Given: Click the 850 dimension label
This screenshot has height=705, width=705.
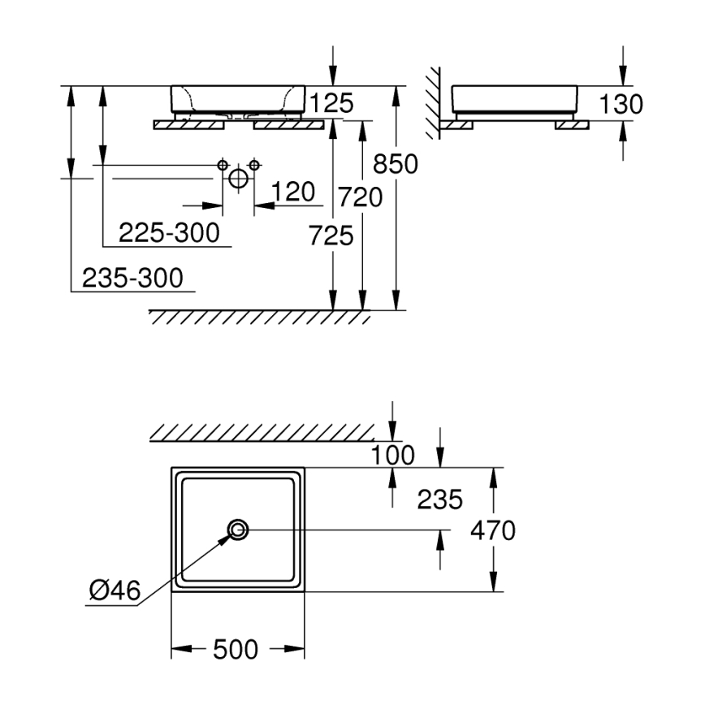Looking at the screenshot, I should (x=395, y=164).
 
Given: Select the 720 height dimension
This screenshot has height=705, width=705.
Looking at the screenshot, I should (x=361, y=197).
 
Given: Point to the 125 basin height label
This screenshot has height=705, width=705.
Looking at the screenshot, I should (x=331, y=103).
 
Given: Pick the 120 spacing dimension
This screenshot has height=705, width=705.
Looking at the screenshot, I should (x=293, y=192).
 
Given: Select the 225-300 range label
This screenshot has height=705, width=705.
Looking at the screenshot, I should (x=169, y=233).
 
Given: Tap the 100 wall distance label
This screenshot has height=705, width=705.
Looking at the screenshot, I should (x=392, y=455).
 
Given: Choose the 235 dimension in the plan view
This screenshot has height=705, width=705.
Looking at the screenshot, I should (x=439, y=499).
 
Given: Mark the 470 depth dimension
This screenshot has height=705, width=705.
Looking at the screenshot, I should (x=492, y=531).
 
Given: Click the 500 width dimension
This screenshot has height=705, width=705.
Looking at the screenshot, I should (x=236, y=649).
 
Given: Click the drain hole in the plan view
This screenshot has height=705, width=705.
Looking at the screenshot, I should (x=239, y=530).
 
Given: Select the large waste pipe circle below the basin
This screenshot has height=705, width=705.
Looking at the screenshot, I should (x=239, y=178).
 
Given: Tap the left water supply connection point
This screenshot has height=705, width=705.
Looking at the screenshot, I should (x=223, y=165).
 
